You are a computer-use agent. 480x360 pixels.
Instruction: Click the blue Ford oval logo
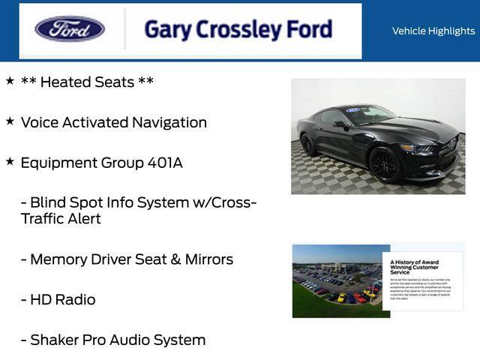[70, 29]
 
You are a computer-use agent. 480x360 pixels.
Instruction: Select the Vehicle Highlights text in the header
[433, 31]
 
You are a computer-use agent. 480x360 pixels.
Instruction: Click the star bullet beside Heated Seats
[10, 79]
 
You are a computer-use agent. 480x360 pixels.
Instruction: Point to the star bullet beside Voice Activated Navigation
[10, 120]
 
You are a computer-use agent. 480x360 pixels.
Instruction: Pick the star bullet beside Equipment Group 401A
[10, 160]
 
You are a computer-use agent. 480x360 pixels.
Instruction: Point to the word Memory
[56, 259]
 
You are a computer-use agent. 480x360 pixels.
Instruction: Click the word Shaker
[55, 340]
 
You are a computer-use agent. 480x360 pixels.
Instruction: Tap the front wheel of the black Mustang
[384, 163]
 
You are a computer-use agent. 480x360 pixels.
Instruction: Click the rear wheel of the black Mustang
[308, 143]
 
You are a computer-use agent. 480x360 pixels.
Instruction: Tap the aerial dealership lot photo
[337, 281]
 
